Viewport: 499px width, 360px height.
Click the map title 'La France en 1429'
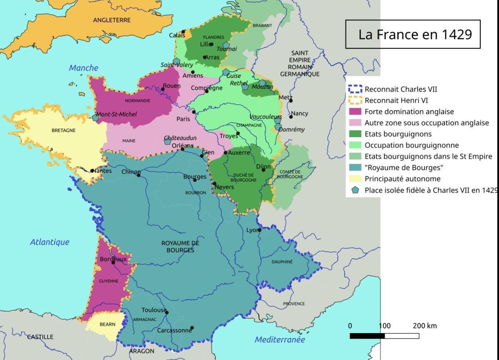click(x=415, y=34)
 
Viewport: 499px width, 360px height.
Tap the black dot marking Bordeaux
click(x=113, y=262)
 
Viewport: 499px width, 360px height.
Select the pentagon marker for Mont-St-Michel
click(x=96, y=118)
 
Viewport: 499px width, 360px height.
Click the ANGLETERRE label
click(x=112, y=20)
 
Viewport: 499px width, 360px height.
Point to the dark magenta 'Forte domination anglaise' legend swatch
click(x=356, y=111)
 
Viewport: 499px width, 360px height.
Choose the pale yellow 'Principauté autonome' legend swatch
click(x=356, y=179)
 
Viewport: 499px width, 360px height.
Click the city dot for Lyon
click(x=259, y=230)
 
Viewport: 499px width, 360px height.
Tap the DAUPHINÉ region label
click(x=282, y=262)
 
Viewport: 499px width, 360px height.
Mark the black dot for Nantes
click(x=92, y=170)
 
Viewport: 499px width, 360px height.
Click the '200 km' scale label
click(x=425, y=326)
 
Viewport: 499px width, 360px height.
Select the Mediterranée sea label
click(x=279, y=340)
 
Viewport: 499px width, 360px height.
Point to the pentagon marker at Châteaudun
click(x=168, y=141)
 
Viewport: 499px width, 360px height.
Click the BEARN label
click(x=108, y=325)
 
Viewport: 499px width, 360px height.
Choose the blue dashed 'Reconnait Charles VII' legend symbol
click(x=356, y=89)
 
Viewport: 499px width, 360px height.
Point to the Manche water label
click(x=84, y=68)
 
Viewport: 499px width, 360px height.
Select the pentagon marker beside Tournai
click(x=226, y=45)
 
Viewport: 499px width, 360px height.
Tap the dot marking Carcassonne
click(x=192, y=328)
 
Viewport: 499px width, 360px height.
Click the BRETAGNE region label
click(x=64, y=130)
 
